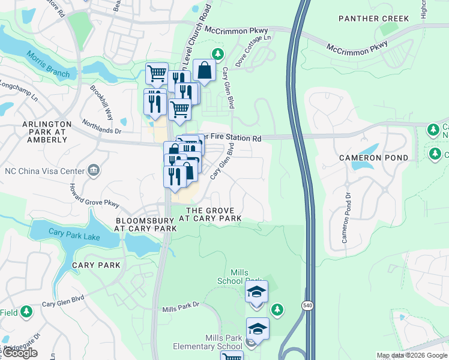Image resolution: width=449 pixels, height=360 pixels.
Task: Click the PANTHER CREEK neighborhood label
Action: point(373,19)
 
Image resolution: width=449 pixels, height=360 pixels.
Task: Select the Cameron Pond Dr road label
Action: point(346,218)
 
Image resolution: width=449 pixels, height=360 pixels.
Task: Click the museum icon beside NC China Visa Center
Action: point(93,170)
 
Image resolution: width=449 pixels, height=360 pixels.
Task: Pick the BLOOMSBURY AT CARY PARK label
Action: point(146,224)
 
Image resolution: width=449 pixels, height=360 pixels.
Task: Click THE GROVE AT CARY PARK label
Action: point(214,214)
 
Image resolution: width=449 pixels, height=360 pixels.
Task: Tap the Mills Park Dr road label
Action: point(180,308)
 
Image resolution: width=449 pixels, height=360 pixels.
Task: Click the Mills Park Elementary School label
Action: point(208,343)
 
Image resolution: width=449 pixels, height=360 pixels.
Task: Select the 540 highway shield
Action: point(306,306)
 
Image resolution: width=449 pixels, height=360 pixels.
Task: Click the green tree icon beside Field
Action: point(26,311)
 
